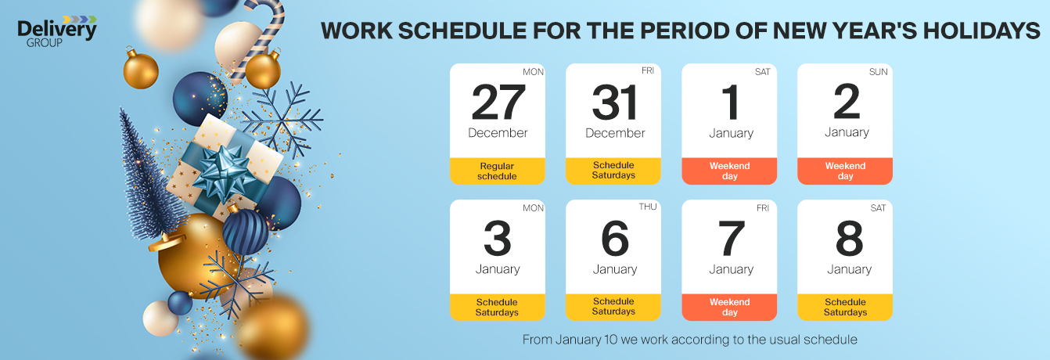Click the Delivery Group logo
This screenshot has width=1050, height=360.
point(56,32)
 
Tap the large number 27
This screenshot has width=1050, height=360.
point(498,102)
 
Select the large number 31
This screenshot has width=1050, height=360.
point(614,102)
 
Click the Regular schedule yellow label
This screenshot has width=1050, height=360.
point(498,171)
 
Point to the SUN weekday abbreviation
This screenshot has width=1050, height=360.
point(878,72)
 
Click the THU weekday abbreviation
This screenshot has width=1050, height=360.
point(647,207)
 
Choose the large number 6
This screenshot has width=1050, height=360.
point(614,238)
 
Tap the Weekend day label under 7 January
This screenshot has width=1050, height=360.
point(729,308)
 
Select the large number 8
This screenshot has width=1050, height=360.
point(849,238)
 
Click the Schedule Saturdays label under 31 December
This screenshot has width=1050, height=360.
point(613,171)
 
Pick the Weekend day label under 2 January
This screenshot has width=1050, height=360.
point(845,171)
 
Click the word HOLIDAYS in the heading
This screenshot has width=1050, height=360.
point(982,31)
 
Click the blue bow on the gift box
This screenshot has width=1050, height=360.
point(224,171)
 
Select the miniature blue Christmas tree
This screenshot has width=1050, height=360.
point(147,178)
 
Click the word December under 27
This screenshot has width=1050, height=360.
point(498,133)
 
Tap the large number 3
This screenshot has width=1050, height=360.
point(498,238)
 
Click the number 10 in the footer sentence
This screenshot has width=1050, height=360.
point(610,340)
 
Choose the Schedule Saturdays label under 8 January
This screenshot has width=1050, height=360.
point(845,308)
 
